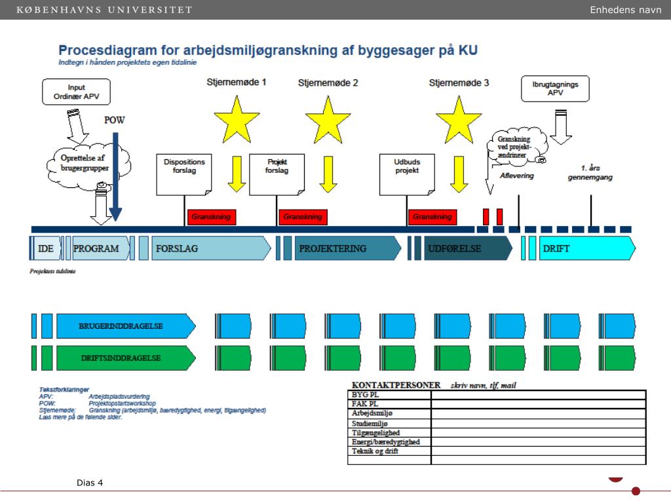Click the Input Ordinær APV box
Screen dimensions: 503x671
coord(76,92)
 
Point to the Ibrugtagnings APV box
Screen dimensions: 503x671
coord(555,88)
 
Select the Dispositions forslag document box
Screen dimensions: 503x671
coord(184,174)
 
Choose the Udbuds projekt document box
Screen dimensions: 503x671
coord(406,174)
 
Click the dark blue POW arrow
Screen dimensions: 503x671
coord(115,177)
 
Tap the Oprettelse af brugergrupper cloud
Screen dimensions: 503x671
coord(90,164)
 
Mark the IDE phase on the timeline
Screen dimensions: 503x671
coord(47,249)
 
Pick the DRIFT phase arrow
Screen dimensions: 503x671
coord(583,249)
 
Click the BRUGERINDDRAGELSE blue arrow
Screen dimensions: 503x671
coord(125,326)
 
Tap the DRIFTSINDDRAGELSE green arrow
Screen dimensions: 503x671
coord(125,358)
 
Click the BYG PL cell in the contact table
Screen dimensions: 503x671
coord(389,395)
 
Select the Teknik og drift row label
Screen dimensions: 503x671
coord(389,451)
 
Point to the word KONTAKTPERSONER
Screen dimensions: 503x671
coord(396,384)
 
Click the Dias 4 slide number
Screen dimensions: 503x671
coord(90,483)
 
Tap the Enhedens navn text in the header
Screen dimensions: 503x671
coord(625,10)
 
